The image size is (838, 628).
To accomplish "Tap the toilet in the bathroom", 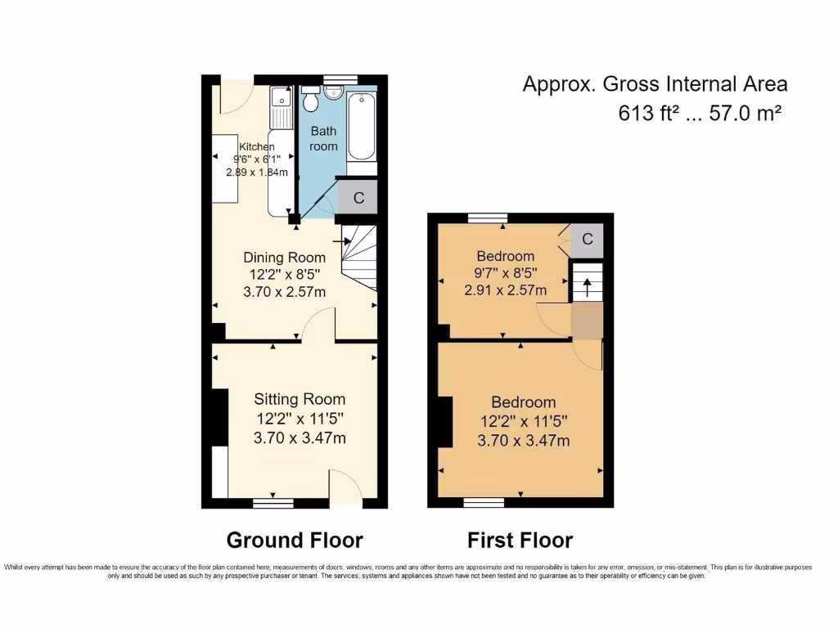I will [x=311, y=101].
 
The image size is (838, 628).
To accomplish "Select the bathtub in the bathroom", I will [x=361, y=128].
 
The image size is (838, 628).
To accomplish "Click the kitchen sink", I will [x=281, y=101].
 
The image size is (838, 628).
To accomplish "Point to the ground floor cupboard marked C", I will [x=358, y=198].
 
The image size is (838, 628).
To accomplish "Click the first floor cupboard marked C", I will [x=587, y=239].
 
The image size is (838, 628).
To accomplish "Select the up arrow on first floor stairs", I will [x=586, y=287].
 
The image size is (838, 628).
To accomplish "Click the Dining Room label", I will [x=285, y=258].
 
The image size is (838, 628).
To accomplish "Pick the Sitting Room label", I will [x=300, y=399].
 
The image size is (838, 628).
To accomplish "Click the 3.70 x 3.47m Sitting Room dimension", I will [x=300, y=438].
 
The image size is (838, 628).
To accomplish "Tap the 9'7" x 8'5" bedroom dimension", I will [x=505, y=273].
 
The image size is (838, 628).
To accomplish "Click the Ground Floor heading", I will [x=295, y=540].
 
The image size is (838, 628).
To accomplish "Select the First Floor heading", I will [x=520, y=540].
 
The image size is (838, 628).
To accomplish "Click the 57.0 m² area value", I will [x=738, y=114].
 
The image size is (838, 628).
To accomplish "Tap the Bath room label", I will [x=323, y=138].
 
